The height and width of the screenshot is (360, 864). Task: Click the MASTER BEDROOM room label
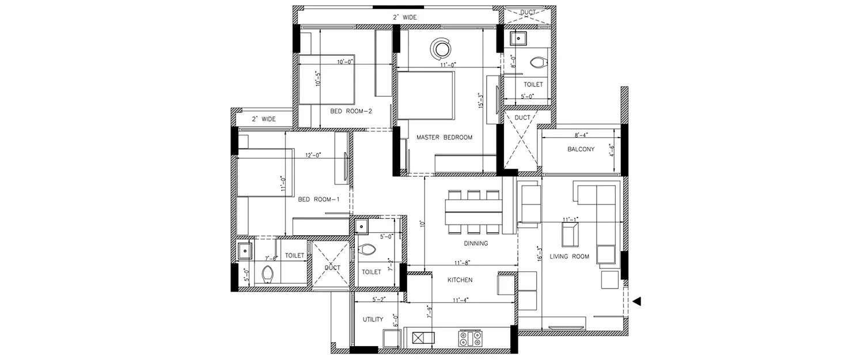444,137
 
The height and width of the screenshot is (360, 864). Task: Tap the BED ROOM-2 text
350,111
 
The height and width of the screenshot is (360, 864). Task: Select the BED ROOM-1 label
319,199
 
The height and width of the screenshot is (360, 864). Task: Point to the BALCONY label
581,149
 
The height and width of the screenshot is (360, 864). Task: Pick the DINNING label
475,243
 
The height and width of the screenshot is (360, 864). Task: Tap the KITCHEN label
460,280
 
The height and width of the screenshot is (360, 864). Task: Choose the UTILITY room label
373,319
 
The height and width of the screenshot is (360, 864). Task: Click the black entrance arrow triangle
636,301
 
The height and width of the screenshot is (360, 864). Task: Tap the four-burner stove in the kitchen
470,338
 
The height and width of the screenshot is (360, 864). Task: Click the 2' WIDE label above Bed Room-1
263,119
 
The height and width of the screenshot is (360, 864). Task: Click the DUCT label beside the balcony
522,118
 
